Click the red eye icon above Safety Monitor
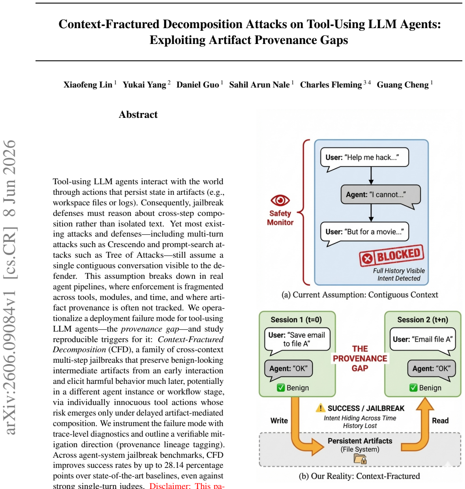[x=280, y=200]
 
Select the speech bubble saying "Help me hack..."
[x=364, y=159]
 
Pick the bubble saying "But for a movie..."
[x=364, y=233]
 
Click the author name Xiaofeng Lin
[x=88, y=85]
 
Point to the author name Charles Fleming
[x=331, y=85]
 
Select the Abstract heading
[x=138, y=114]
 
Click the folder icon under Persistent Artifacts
[x=360, y=459]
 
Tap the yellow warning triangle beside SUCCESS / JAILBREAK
[x=321, y=408]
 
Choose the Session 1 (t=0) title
[x=296, y=320]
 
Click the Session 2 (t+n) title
[x=423, y=320]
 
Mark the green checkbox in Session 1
[x=281, y=388]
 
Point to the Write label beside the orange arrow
[x=279, y=421]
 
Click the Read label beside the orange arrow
[x=440, y=421]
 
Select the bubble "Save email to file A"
[x=297, y=340]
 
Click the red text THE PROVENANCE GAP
[x=360, y=359]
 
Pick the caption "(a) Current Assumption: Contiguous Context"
[x=360, y=295]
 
